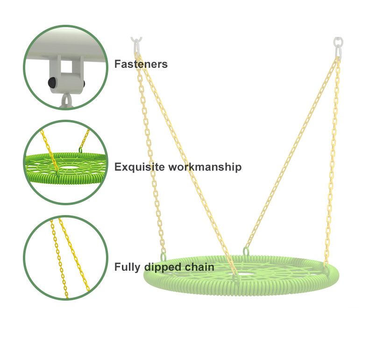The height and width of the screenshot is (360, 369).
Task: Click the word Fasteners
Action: [x=141, y=64]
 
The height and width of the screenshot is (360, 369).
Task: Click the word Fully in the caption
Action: [x=127, y=267]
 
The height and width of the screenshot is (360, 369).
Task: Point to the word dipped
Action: [x=163, y=267]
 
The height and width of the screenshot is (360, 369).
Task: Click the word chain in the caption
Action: [x=201, y=267]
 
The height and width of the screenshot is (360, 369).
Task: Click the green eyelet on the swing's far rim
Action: [x=246, y=252]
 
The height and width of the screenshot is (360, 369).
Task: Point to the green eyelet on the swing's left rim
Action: [x=163, y=256]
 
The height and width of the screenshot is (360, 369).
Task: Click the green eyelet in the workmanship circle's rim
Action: [x=80, y=151]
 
